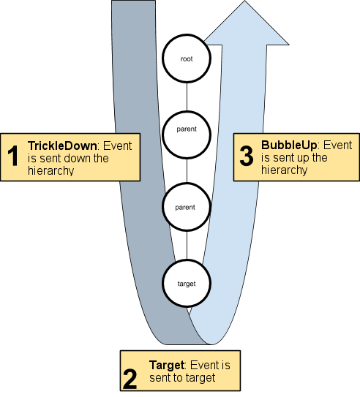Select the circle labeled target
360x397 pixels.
click(187, 281)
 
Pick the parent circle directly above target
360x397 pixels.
click(187, 208)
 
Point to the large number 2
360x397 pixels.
click(130, 378)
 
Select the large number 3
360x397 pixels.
click(247, 156)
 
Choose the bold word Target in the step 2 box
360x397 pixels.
click(168, 365)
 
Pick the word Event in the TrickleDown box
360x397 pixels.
click(118, 145)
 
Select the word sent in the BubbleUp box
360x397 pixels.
click(281, 157)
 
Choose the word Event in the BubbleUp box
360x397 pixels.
click(337, 145)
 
